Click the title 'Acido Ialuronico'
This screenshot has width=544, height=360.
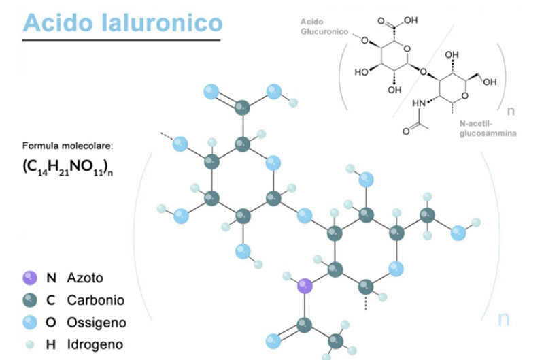coord(122,22)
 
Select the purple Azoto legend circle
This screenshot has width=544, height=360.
coord(29,278)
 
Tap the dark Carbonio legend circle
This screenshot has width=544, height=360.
coord(29,299)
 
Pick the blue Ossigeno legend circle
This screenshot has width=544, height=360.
coord(29,322)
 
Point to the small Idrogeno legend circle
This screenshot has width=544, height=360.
coord(29,344)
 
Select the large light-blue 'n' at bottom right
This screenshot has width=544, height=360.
coord(504,318)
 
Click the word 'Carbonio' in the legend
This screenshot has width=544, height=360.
coord(95,299)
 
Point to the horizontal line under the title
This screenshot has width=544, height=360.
coord(121,41)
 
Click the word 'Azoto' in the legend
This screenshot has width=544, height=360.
coord(85,278)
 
